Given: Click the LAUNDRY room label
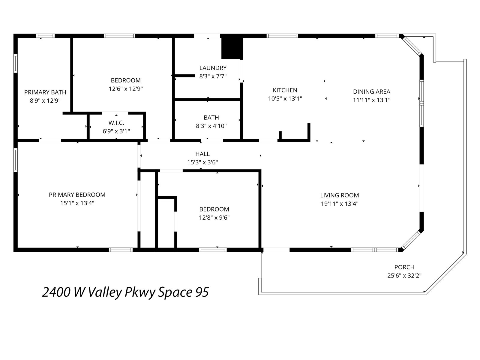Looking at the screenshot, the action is point(213,68).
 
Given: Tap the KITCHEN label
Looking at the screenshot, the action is point(285,90).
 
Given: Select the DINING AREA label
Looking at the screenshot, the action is point(371,91).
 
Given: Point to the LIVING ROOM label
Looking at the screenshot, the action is point(339,195).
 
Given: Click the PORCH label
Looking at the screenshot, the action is point(404,267).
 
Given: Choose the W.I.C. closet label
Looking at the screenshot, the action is point(116,123).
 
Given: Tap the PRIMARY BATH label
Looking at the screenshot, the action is point(45,92).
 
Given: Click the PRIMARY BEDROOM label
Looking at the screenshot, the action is point(77,195).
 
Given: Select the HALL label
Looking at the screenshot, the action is point(202,154).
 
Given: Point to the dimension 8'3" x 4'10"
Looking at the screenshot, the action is point(211,126).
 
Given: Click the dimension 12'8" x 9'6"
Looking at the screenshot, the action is point(214,218).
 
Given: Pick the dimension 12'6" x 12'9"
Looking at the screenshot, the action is point(126,89).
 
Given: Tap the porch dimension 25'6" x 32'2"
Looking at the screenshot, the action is point(404,276).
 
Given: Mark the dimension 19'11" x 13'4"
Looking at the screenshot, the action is point(339,204).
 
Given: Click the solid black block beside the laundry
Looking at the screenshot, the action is point(232,48).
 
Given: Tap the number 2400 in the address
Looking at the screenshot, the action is point(56,292).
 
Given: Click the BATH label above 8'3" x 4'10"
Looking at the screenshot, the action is point(211,118).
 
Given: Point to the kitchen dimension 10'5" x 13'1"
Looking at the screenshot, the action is point(285,99).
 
